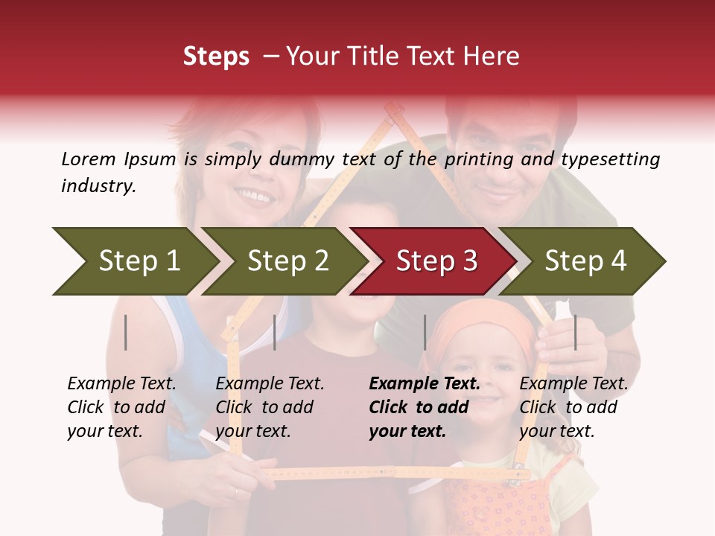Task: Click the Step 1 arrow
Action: [x=134, y=261]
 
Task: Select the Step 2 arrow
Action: [x=287, y=261]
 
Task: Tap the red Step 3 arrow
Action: [x=436, y=261]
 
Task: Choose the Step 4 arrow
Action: [x=585, y=261]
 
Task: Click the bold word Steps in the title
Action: [x=216, y=57]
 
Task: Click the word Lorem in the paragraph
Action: [x=88, y=159]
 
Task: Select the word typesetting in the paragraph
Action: [x=610, y=159]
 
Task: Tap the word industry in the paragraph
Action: [x=98, y=185]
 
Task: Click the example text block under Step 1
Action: [x=121, y=407]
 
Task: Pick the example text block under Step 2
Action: [x=270, y=407]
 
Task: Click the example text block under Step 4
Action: [x=573, y=407]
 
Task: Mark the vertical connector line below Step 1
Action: [x=126, y=332]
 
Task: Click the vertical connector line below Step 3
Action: [x=425, y=332]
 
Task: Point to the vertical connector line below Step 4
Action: [x=575, y=332]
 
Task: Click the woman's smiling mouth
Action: [x=254, y=197]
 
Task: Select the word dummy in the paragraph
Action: [x=308, y=159]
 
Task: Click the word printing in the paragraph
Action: [x=477, y=159]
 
